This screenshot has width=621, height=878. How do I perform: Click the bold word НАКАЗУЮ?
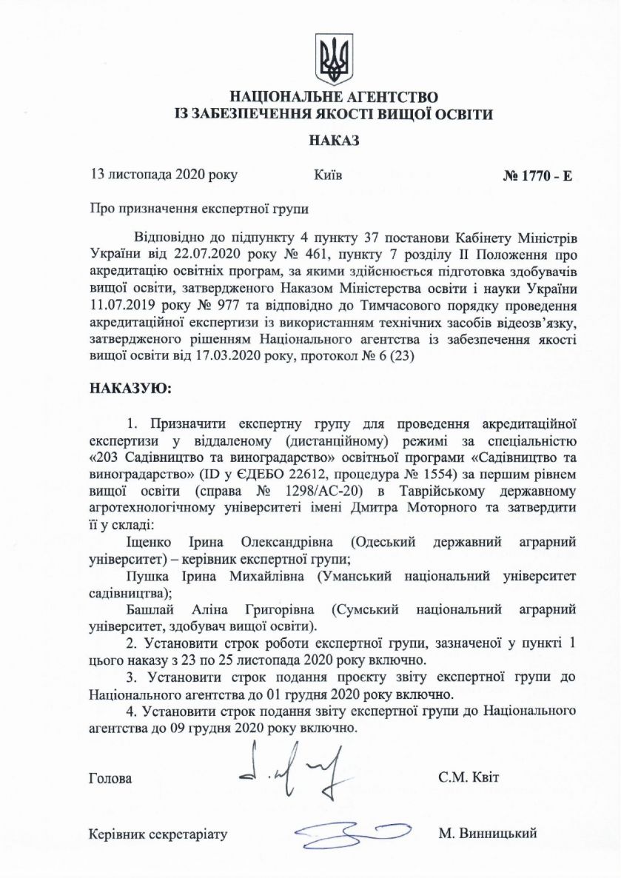click(130, 388)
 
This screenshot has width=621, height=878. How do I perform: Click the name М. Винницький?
click(487, 834)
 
